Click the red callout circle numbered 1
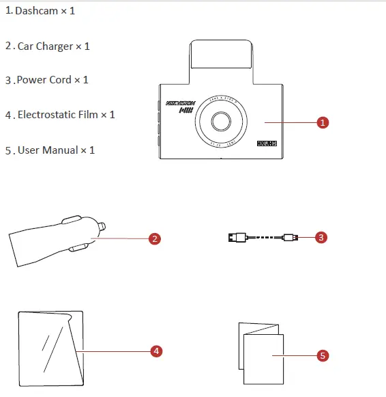pos(323,122)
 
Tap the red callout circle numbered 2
pos(155,238)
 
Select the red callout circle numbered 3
pos(322,238)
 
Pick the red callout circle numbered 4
pos(156,351)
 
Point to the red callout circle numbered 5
pos(323,355)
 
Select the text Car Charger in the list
pos(44,46)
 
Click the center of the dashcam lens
pos(220,122)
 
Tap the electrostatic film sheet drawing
pos(51,348)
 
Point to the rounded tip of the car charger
pos(102,225)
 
